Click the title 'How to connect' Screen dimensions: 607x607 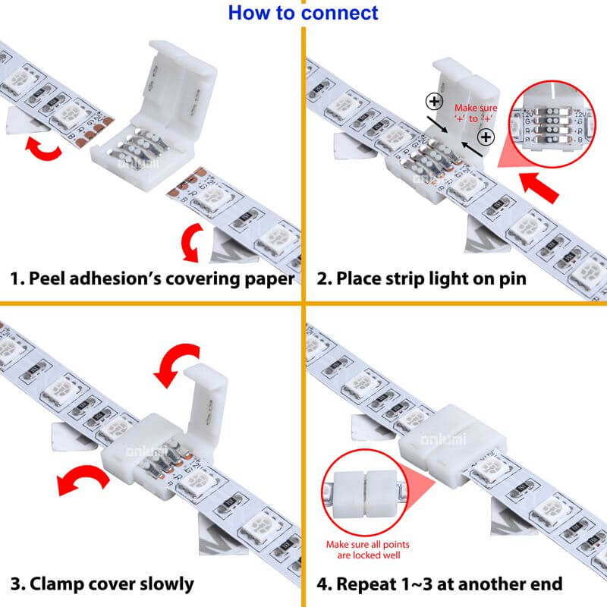(303, 13)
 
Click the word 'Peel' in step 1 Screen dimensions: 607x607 (49, 278)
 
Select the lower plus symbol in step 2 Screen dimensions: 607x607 (486, 137)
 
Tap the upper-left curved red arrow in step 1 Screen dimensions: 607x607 (42, 149)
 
